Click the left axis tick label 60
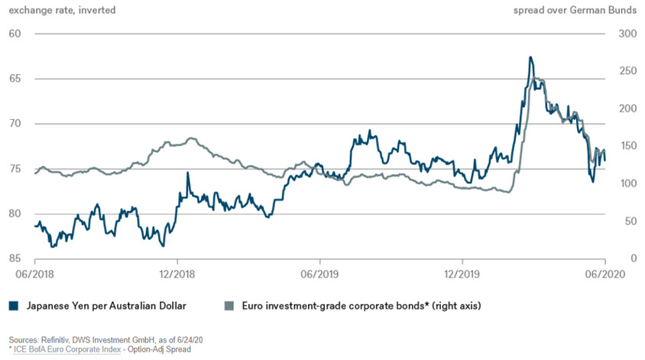[15, 34]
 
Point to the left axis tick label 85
[15, 259]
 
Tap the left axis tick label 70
[15, 124]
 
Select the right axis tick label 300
[627, 34]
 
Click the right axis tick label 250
[627, 79]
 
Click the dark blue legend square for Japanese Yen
[13, 306]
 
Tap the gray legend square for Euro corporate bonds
[228, 306]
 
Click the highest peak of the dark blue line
[530, 57]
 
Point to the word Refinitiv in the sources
[55, 339]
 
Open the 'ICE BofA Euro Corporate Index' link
[66, 349]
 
